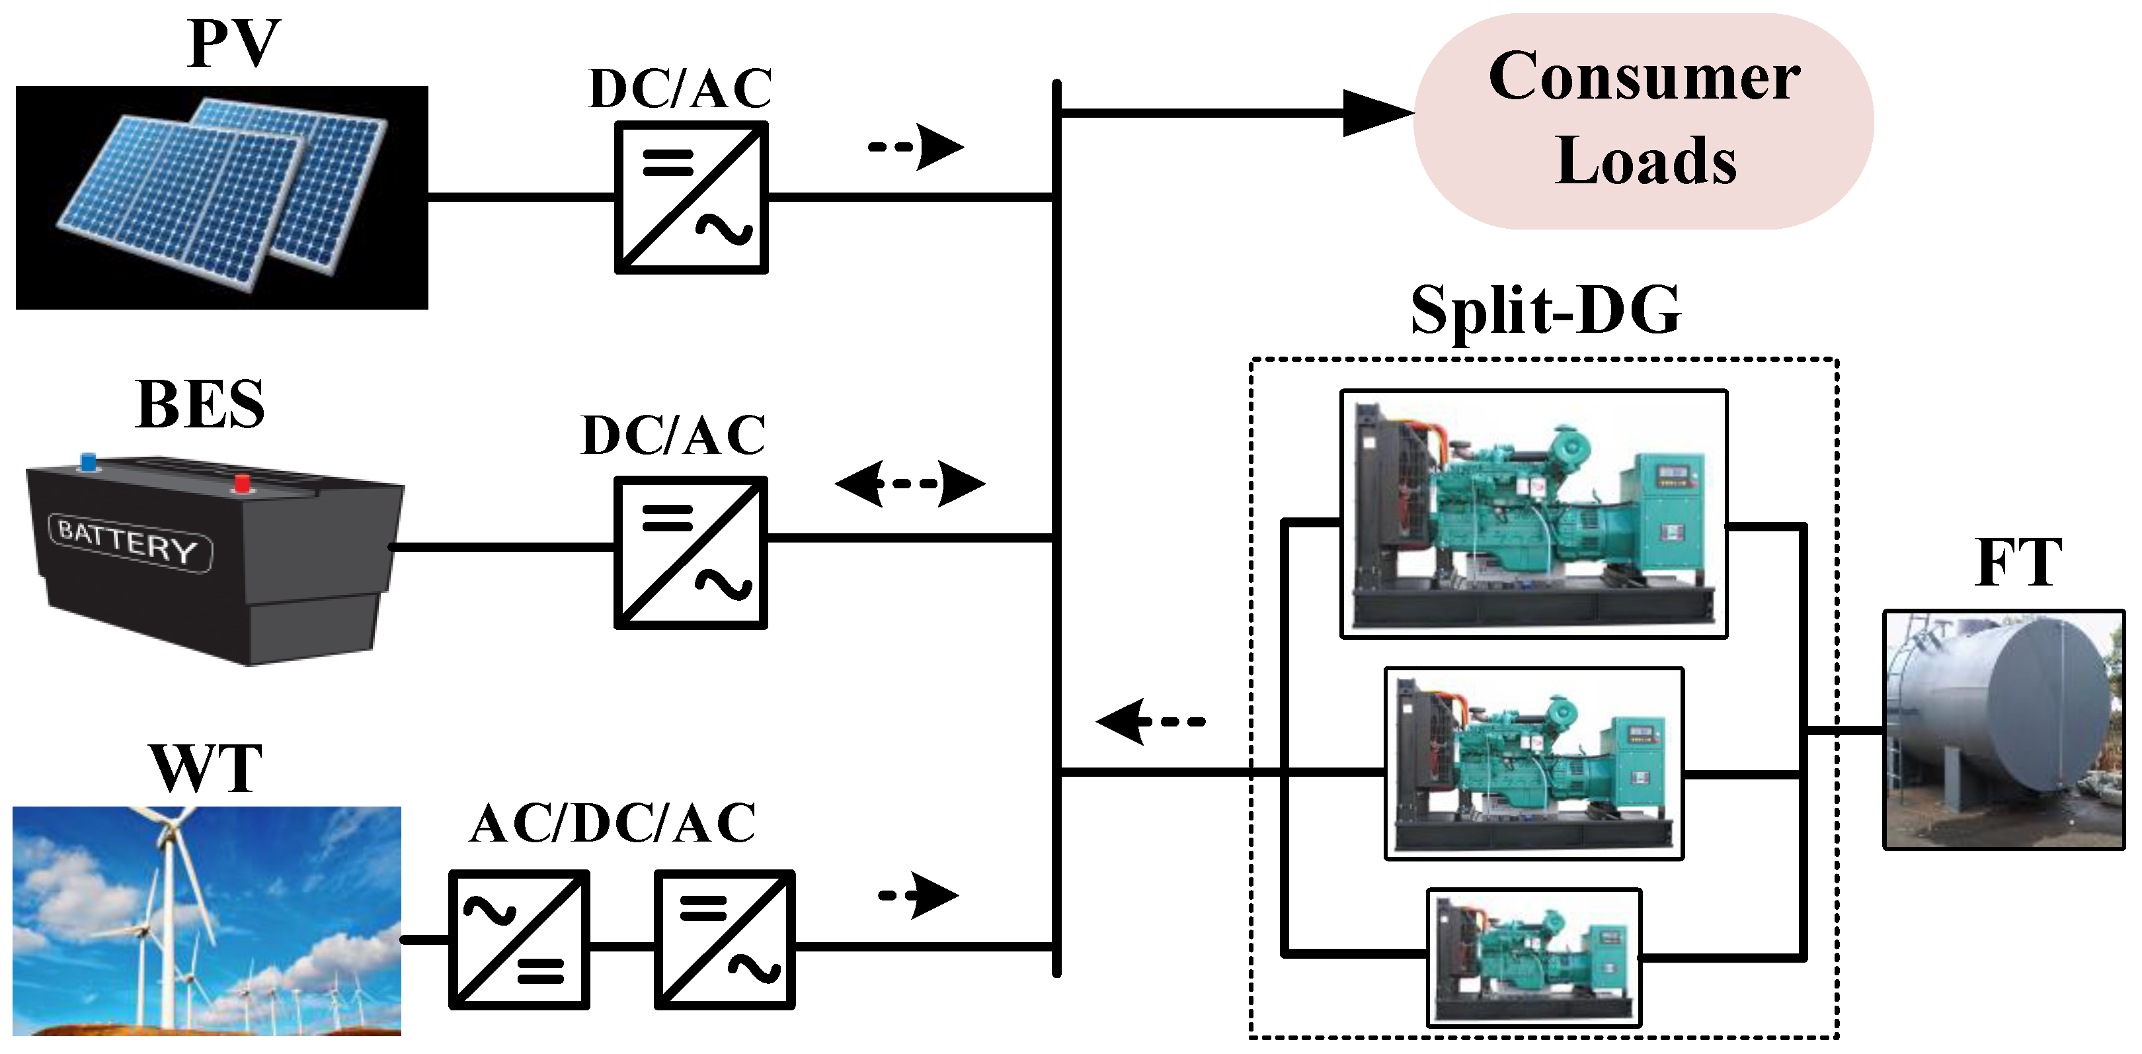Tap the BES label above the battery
click(200, 405)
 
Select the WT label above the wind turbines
click(206, 769)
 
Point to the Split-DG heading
click(1545, 310)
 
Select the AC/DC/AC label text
click(613, 824)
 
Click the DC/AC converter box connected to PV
click(690, 197)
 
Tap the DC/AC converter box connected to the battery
click(690, 552)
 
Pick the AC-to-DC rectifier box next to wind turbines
click(519, 939)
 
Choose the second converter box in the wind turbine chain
click(725, 939)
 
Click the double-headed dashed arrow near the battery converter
click(909, 483)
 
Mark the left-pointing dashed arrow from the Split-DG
click(1150, 721)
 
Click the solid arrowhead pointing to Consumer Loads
click(1376, 112)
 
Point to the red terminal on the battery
click(242, 483)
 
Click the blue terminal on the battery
click(87, 461)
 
